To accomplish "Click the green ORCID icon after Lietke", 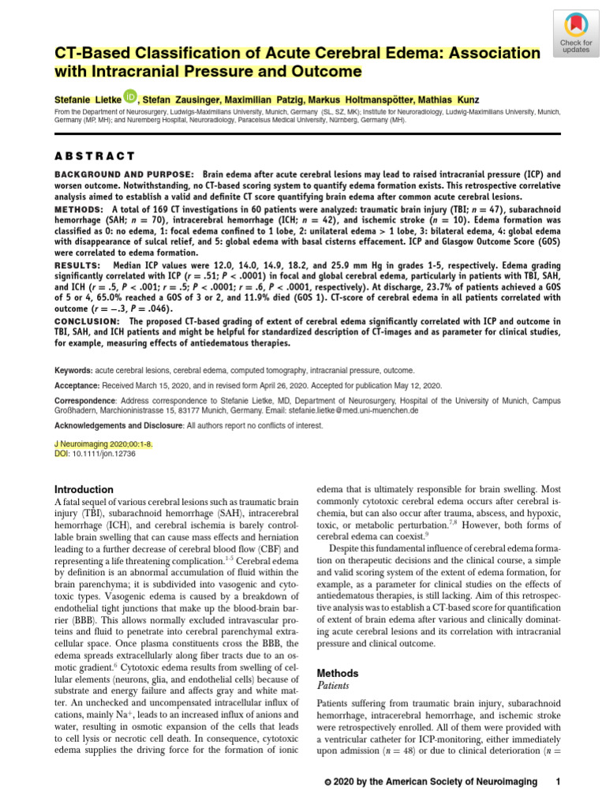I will pos(130,97).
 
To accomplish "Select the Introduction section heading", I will pos(84,489).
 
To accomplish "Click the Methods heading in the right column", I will pos(337,673).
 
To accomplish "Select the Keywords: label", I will pos(73,370).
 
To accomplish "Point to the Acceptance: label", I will pos(77,387).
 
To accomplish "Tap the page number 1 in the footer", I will pos(558,781).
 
